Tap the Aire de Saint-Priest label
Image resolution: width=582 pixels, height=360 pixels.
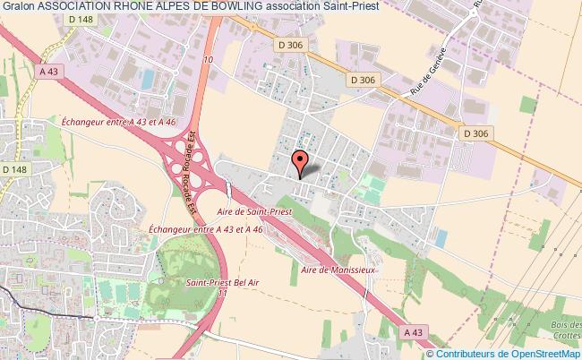coord(255,213)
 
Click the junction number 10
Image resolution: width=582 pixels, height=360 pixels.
coord(208,60)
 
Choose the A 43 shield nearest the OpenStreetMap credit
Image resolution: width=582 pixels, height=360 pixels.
coord(413,331)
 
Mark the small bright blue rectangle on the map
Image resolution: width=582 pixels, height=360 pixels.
coord(441,239)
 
